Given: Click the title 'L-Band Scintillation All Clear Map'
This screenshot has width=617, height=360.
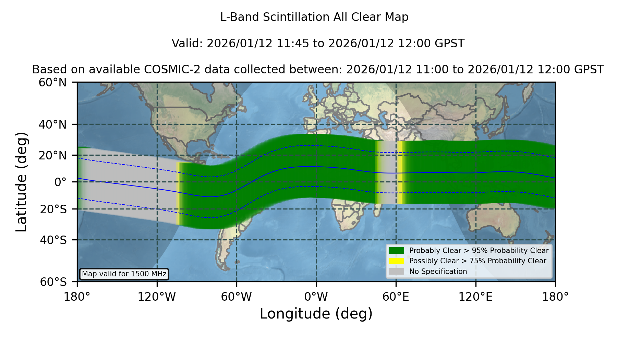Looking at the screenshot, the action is tap(314, 17).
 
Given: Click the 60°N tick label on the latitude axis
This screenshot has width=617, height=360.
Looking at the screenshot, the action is tap(52, 82).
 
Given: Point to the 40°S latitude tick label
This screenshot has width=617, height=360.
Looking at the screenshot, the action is tap(53, 240).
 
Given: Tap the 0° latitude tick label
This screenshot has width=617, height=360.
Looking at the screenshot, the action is tap(60, 182).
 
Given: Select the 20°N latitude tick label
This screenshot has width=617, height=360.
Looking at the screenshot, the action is tap(52, 155).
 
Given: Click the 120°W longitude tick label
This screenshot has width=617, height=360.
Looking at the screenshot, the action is tap(157, 297).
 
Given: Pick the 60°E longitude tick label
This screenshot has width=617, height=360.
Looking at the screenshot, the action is tap(396, 297).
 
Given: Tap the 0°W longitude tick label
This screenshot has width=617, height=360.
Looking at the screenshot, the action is tap(316, 297).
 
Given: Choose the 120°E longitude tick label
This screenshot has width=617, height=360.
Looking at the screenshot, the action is tap(476, 297).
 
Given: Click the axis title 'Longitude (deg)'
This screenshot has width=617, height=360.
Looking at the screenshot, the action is tap(316, 314).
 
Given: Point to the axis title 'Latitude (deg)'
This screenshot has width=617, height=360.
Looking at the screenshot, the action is tap(21, 182).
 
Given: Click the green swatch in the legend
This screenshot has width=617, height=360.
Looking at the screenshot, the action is tap(397, 251).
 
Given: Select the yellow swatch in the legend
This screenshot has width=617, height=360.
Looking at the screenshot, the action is tap(397, 261).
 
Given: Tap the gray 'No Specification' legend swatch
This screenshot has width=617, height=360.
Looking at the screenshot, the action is tap(397, 272).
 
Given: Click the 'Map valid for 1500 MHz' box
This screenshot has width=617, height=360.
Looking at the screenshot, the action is tap(124, 274).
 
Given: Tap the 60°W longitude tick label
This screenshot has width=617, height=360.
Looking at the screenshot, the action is tap(237, 297).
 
